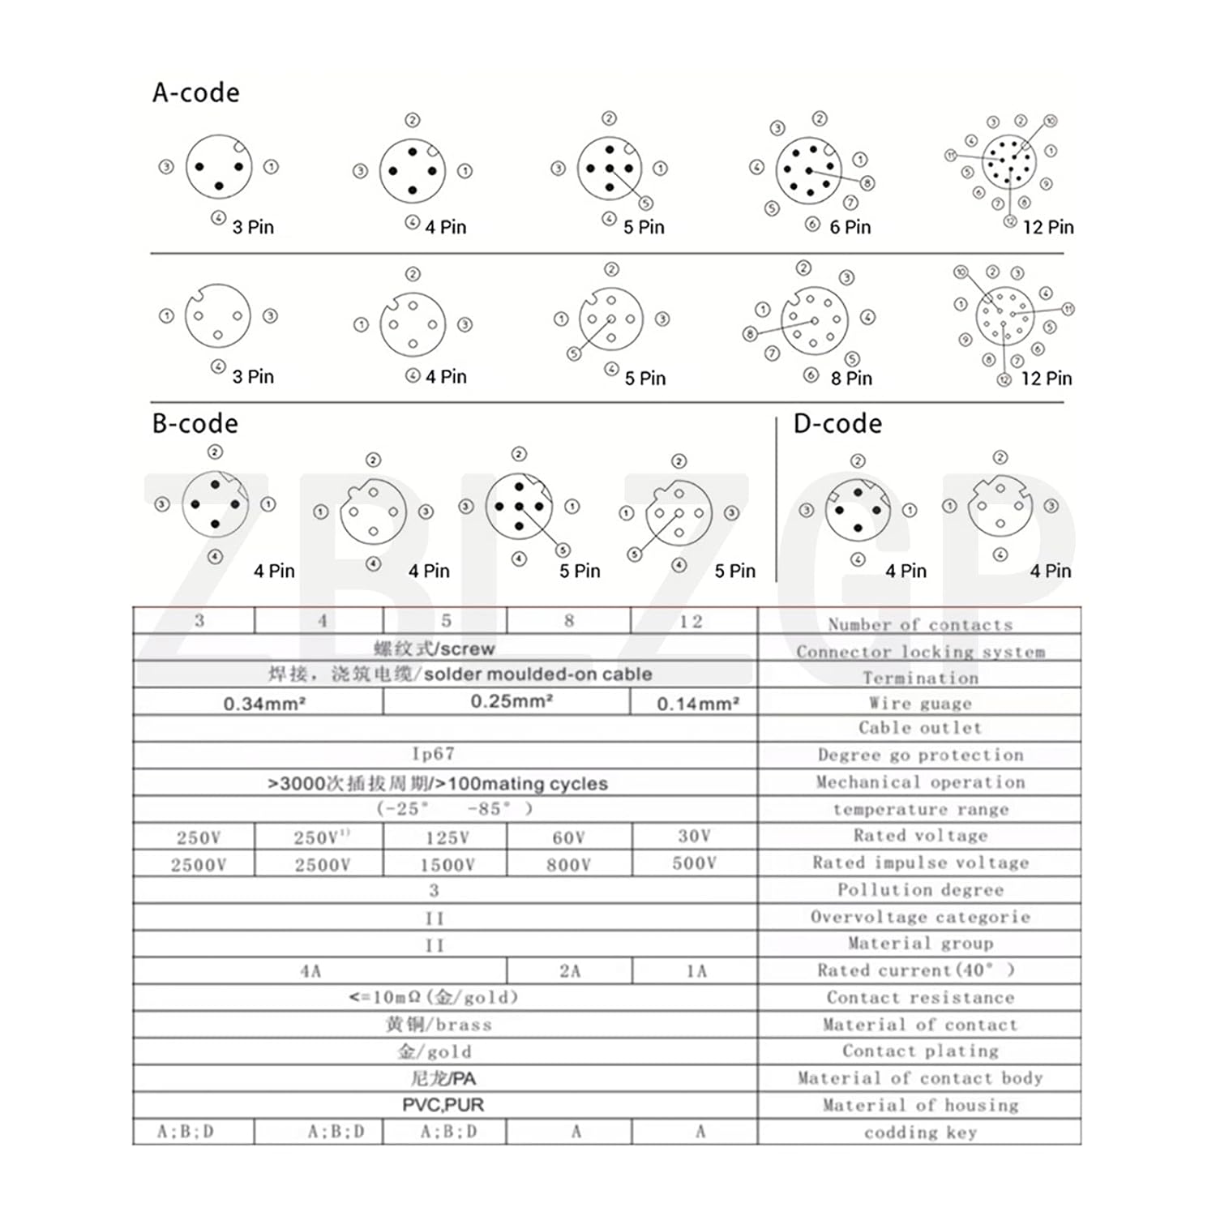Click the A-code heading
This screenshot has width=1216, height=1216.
click(196, 93)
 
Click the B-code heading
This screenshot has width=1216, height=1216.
click(195, 424)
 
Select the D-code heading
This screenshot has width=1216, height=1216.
click(837, 424)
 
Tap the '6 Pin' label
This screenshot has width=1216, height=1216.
click(850, 228)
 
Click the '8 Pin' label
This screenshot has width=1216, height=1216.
click(851, 379)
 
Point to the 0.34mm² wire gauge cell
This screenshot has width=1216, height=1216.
click(264, 704)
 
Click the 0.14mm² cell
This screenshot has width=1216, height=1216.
click(697, 704)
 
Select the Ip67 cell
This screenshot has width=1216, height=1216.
click(434, 755)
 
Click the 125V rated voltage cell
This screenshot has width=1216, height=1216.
click(447, 837)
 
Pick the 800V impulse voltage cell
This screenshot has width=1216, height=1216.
click(568, 865)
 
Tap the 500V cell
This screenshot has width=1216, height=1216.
click(695, 863)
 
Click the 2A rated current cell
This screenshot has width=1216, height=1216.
click(570, 971)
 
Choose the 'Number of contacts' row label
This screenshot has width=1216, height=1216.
click(920, 625)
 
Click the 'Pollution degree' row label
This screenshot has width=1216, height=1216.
click(920, 890)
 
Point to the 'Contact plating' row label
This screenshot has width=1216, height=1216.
click(920, 1051)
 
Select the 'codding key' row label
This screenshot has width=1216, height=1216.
click(920, 1133)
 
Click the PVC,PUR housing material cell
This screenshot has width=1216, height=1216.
click(443, 1105)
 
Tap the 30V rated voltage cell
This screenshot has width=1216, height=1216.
click(694, 836)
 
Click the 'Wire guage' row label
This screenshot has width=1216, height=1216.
click(920, 704)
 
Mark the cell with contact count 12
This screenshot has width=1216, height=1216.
click(691, 622)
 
